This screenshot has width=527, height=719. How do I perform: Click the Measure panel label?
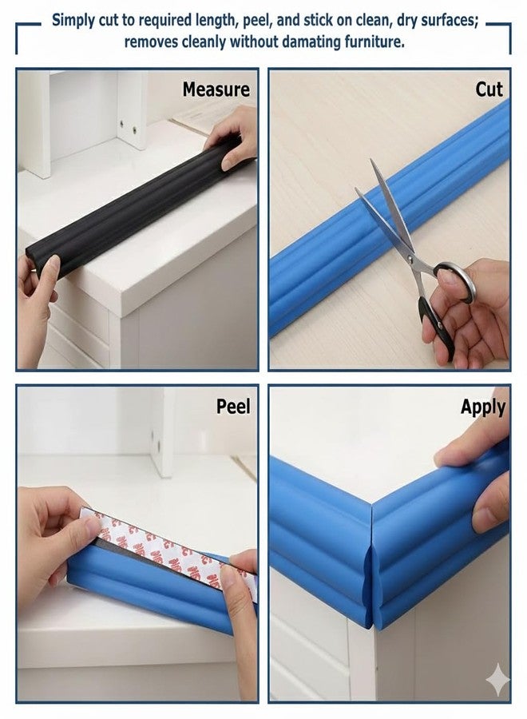(x=216, y=89)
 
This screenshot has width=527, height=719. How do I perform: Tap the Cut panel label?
(x=489, y=89)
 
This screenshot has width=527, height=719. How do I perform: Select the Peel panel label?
(x=233, y=407)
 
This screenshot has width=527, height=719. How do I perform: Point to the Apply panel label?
(x=483, y=407)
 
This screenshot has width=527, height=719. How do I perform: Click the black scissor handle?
(x=436, y=324)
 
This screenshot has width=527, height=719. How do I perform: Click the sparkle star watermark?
(x=497, y=680)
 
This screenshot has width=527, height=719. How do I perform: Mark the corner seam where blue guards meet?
(x=371, y=564)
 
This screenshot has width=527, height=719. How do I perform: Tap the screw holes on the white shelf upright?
(x=128, y=127)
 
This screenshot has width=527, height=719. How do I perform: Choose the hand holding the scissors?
(x=470, y=312)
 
